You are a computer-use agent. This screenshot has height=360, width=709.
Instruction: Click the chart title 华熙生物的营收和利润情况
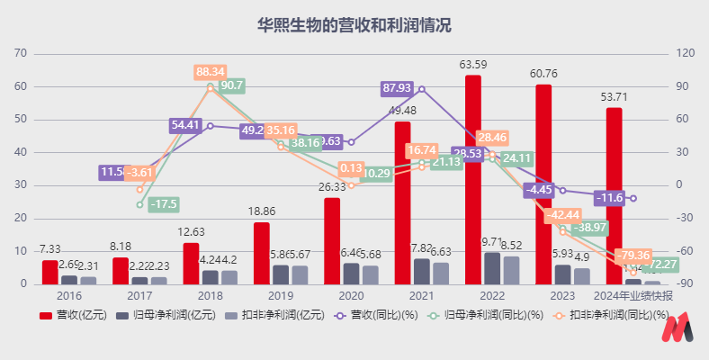pos(354,25)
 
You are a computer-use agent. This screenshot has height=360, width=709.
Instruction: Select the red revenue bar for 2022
pos(472,180)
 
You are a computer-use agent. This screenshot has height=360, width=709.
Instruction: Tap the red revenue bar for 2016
pos(49,272)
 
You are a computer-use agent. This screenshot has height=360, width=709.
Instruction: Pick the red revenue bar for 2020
pos(332,241)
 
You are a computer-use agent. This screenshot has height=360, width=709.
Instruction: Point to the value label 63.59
pos(473,65)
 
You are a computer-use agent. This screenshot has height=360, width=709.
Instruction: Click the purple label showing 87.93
pos(397,88)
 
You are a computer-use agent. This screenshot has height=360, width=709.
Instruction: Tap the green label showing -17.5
pos(164,204)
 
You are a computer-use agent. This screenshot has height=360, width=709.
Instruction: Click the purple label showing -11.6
pos(611,197)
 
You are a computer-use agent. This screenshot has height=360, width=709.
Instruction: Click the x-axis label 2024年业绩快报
pos(633,294)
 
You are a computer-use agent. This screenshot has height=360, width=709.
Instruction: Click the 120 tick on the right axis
pos(686,53)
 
